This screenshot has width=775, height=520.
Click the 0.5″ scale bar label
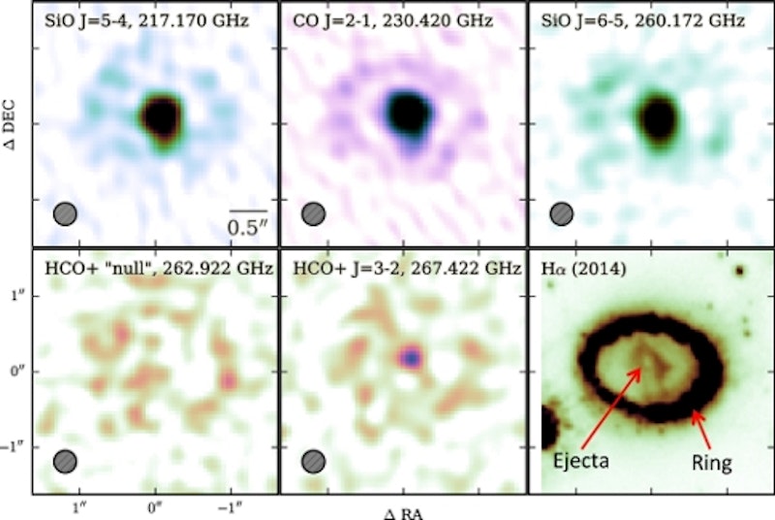coord(247,227)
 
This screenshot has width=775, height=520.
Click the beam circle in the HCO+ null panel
coord(65,462)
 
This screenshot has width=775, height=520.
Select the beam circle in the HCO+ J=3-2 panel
coord(314,462)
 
